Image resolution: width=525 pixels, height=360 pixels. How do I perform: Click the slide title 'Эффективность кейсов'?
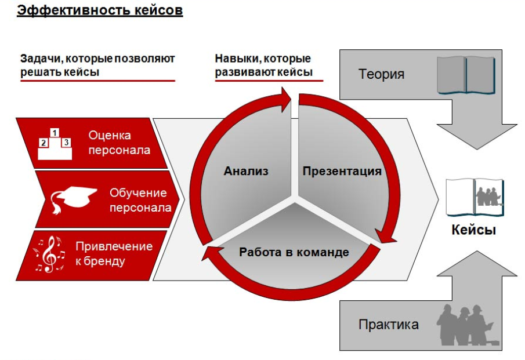point(100,10)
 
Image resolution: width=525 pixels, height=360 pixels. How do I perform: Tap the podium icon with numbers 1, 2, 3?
point(55,144)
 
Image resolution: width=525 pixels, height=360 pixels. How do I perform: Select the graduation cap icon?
point(74,199)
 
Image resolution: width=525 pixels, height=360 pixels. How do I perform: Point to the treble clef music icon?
point(49,254)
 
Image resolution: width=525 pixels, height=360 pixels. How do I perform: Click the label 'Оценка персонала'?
point(119,143)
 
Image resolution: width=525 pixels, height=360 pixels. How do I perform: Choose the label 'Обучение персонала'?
point(140,200)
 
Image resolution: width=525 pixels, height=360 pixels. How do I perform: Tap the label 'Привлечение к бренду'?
point(114,253)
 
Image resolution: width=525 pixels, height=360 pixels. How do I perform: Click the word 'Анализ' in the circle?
point(246,171)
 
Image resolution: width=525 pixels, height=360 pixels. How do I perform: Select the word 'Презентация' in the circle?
point(342,171)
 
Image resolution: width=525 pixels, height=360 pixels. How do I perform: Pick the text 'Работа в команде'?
point(294,252)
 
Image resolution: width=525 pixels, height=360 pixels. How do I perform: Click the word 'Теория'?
point(381,74)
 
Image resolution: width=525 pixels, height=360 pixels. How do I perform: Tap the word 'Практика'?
point(389,325)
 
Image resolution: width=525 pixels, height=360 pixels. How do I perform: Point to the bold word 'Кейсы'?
point(473,230)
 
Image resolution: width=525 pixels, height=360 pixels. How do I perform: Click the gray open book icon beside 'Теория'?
point(466,75)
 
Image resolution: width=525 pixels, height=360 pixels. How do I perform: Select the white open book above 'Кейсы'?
point(475,198)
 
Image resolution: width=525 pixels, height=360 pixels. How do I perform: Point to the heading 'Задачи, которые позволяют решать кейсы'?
point(97,66)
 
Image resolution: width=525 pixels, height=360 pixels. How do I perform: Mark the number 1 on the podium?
point(55,133)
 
